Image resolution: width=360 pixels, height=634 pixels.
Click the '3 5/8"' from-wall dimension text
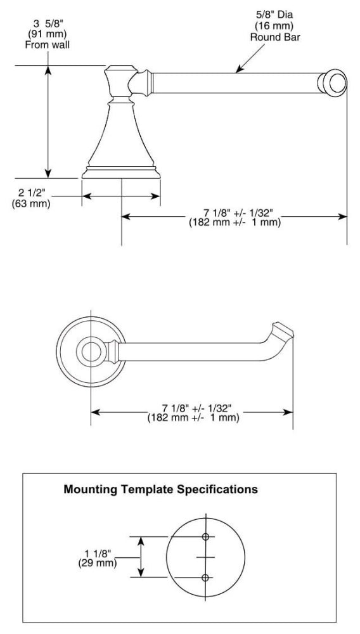(47, 24)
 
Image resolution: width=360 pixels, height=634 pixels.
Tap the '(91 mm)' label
(48, 34)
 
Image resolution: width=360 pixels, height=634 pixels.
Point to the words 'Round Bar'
(275, 37)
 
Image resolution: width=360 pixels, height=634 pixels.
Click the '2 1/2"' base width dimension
(31, 191)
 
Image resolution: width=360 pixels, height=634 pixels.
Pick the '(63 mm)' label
(31, 203)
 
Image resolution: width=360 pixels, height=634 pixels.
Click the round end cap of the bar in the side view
(332, 83)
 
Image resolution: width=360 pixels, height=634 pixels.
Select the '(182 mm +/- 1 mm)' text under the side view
(235, 223)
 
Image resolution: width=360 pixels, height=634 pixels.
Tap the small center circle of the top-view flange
(91, 351)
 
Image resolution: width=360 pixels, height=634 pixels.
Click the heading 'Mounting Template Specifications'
(161, 489)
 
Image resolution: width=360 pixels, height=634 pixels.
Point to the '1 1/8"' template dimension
(98, 553)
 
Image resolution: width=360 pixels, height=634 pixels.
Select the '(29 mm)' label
(98, 562)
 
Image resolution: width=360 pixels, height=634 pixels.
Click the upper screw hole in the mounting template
(205, 536)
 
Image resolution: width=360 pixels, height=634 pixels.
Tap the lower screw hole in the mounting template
(205, 578)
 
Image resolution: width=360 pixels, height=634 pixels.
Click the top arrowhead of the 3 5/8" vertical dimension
(48, 70)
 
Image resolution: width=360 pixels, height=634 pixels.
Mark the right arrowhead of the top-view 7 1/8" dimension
(288, 413)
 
